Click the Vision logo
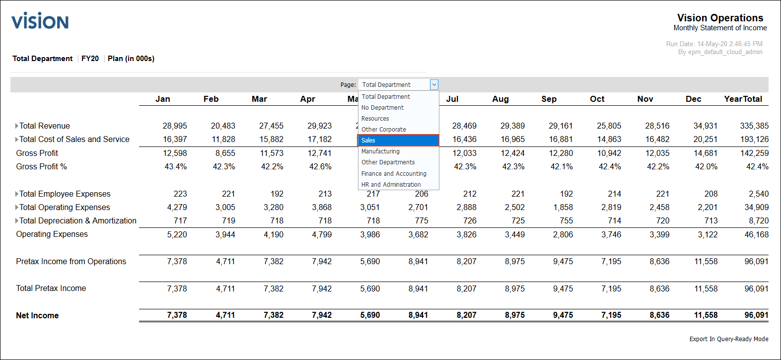pyautogui.click(x=40, y=21)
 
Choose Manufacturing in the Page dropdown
pyautogui.click(x=380, y=151)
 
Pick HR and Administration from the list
pyautogui.click(x=391, y=185)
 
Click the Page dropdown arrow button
pyautogui.click(x=434, y=85)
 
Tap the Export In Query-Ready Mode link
pyautogui.click(x=728, y=339)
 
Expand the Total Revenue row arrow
pyautogui.click(x=17, y=126)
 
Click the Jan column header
pyautogui.click(x=162, y=99)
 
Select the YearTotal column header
pyautogui.click(x=743, y=99)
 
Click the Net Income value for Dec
pyautogui.click(x=706, y=315)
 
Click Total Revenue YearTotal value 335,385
pyautogui.click(x=754, y=126)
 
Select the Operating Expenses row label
pyautogui.click(x=52, y=234)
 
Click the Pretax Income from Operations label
pyautogui.click(x=71, y=262)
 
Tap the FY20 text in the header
pyautogui.click(x=90, y=59)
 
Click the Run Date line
pyautogui.click(x=714, y=44)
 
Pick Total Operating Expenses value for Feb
pyautogui.click(x=225, y=208)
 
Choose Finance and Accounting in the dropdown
pyautogui.click(x=394, y=174)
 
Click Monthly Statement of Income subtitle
pyautogui.click(x=720, y=28)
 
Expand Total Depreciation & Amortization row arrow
pyautogui.click(x=17, y=221)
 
